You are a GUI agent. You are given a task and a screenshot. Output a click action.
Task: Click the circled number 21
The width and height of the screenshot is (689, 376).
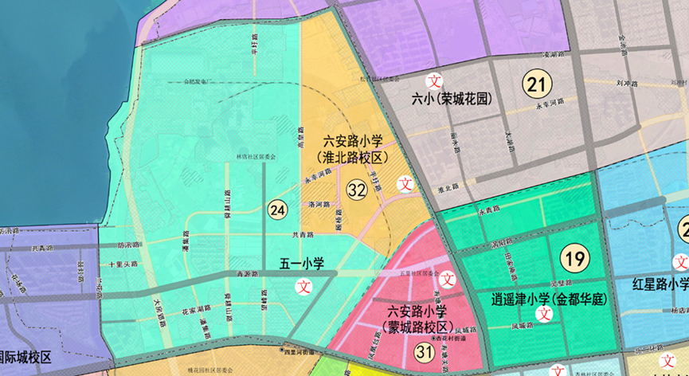pos(538,82)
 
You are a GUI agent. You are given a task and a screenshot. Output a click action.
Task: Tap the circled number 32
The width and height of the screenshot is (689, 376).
pos(356,190)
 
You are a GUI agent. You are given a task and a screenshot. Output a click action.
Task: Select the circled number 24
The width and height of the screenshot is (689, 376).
pos(277,210)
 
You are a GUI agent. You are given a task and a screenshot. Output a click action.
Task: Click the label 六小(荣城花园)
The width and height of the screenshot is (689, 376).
pos(450,100)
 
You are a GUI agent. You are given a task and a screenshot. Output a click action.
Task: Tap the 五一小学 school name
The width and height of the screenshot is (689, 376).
pos(301,264)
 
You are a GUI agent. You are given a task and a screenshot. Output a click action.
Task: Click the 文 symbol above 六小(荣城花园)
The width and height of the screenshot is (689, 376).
pos(435,80)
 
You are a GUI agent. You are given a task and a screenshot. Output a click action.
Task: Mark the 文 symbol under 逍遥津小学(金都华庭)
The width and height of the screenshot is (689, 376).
pos(545,314)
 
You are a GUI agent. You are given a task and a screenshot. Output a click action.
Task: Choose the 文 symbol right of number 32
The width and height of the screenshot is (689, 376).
pos(405,182)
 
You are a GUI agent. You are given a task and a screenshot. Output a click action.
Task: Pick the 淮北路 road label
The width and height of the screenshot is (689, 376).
pos(450,188)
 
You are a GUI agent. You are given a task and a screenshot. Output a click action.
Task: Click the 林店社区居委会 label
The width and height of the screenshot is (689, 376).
pos(256,157)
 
